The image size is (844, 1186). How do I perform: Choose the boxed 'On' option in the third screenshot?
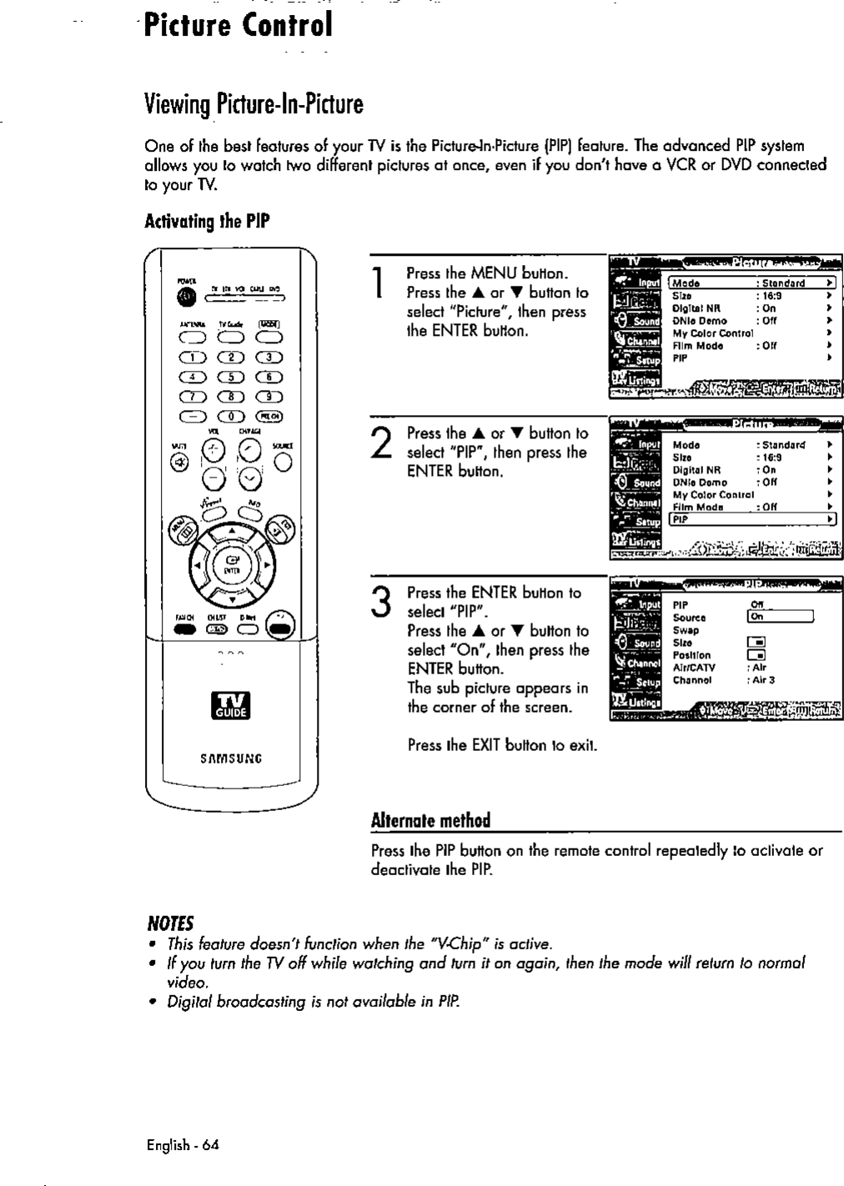click(x=779, y=618)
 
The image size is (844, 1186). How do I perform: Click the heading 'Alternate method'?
click(x=430, y=819)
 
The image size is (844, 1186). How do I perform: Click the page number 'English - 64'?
click(x=182, y=1144)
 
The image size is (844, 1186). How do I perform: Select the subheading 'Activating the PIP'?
click(x=196, y=223)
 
